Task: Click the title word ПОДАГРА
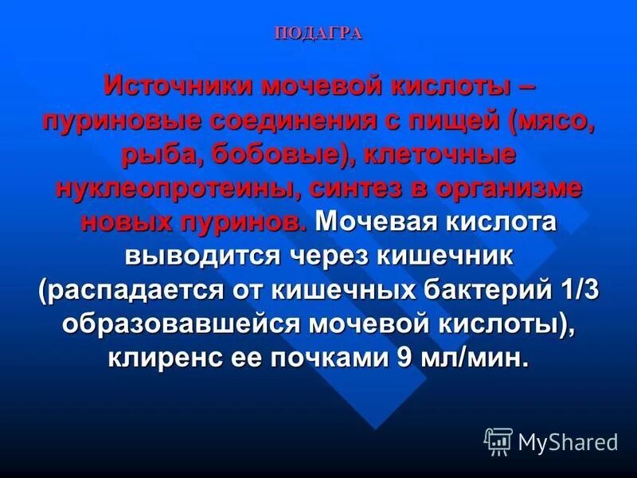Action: point(318,33)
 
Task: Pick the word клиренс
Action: point(162,358)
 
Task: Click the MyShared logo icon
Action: point(498,441)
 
